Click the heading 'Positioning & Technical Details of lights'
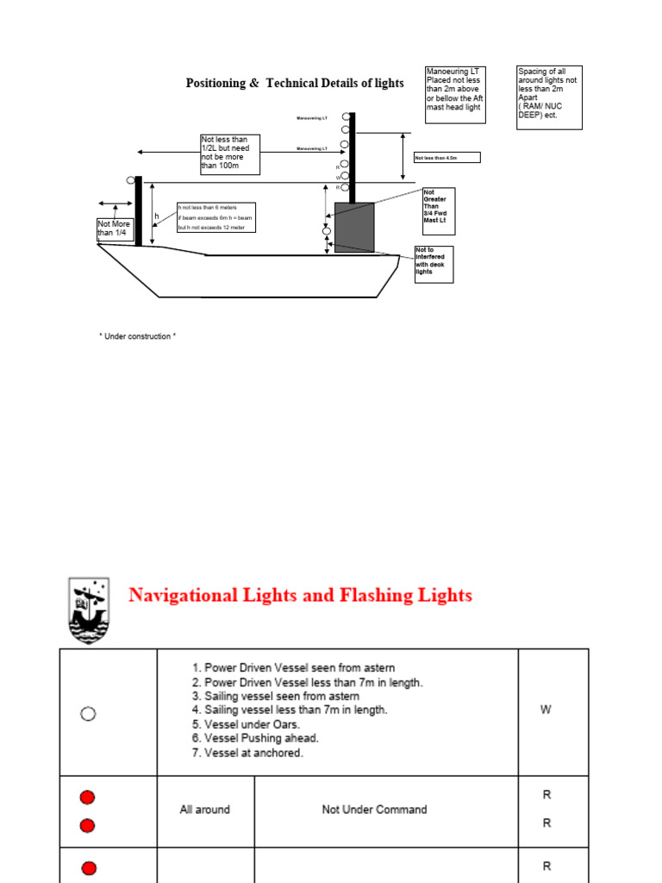(295, 83)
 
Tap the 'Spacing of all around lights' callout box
(549, 97)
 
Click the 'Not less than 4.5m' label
(447, 158)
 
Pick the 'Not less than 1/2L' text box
(229, 154)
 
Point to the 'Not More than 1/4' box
(116, 229)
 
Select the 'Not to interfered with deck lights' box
(434, 264)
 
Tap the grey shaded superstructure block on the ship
(354, 227)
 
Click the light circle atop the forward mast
(131, 180)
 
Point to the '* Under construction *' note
(138, 336)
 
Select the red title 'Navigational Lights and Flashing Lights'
(300, 595)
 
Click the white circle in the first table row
(87, 713)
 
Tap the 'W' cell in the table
(545, 710)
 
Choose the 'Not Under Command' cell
(374, 810)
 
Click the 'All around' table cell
(204, 810)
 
